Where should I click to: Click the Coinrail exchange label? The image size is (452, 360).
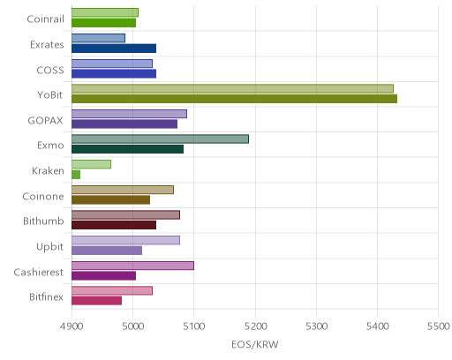click(x=45, y=19)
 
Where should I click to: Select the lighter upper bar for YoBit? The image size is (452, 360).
click(x=232, y=89)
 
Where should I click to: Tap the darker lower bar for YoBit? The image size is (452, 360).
click(x=234, y=99)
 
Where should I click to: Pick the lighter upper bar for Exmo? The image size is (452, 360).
click(x=160, y=139)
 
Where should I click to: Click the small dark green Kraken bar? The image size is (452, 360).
click(x=76, y=175)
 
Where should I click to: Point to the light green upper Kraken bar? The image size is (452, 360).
click(x=91, y=164)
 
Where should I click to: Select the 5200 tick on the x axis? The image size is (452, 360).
click(x=255, y=326)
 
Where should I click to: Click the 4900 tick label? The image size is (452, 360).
click(x=72, y=326)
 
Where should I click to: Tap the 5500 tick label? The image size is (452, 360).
click(x=438, y=326)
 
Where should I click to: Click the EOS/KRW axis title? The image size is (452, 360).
click(x=255, y=344)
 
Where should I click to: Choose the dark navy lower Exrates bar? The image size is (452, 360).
click(x=114, y=49)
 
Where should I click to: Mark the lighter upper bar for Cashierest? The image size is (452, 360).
click(x=132, y=266)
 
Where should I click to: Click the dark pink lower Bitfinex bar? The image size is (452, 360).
click(x=96, y=301)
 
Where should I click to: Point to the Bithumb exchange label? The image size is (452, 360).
click(x=43, y=221)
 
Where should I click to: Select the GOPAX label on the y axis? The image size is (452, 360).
click(x=45, y=120)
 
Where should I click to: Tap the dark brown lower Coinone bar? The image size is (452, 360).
click(x=110, y=200)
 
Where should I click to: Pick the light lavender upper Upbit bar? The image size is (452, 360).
click(x=125, y=240)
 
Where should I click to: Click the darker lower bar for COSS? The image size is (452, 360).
click(x=114, y=73)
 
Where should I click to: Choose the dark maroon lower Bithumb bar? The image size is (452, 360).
click(x=114, y=225)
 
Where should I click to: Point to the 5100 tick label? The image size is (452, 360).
click(x=193, y=326)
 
